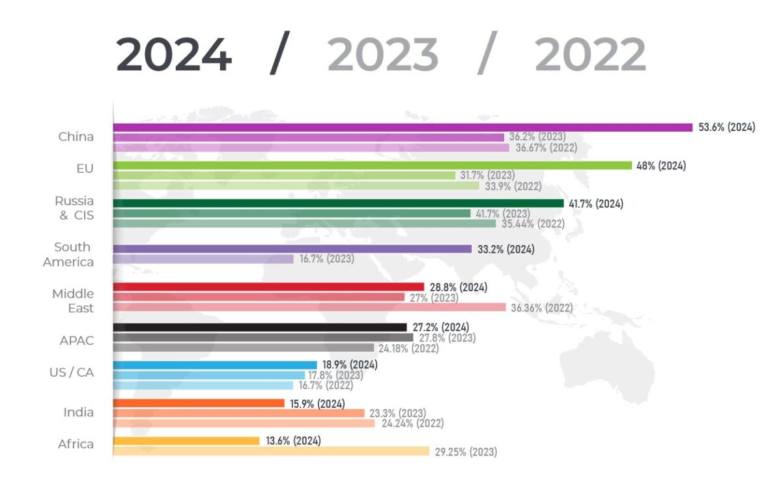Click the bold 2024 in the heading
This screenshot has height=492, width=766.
(x=174, y=55)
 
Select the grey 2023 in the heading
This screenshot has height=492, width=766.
(x=383, y=55)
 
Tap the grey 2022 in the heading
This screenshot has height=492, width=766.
(x=590, y=55)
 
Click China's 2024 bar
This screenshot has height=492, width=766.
(x=403, y=128)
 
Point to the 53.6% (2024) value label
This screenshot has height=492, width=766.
(x=727, y=127)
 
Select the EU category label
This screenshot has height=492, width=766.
(x=85, y=169)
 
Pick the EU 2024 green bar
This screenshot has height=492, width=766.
(x=372, y=166)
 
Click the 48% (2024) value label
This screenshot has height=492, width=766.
(x=661, y=166)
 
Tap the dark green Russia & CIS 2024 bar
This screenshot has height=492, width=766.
(x=338, y=203)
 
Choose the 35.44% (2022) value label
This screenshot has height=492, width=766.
(x=533, y=224)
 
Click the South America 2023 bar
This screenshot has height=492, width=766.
(x=203, y=259)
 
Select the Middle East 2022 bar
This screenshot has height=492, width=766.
(x=309, y=307)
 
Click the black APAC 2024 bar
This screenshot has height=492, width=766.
(x=260, y=327)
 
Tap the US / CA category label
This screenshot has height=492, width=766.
(x=71, y=372)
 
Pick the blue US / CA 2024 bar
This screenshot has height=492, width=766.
(x=215, y=365)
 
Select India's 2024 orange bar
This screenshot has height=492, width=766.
(x=199, y=403)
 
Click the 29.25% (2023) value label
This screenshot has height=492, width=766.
(x=466, y=452)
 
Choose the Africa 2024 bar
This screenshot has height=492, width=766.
(x=186, y=441)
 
